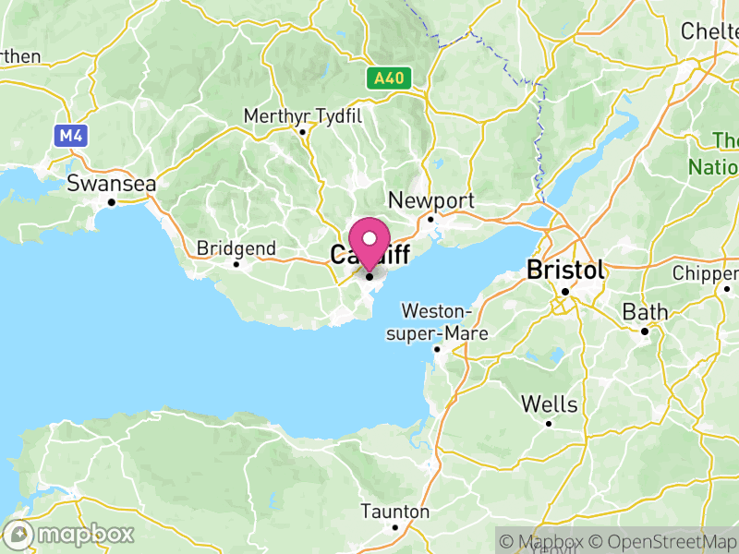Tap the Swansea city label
(x=112, y=184)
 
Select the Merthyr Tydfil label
(x=302, y=115)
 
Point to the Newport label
(x=431, y=200)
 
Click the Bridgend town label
(x=236, y=248)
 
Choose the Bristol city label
(x=565, y=270)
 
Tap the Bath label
(x=645, y=312)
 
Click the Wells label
(x=550, y=404)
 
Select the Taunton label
(x=395, y=512)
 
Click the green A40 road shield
(x=389, y=78)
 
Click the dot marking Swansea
(x=112, y=202)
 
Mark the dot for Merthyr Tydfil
(x=302, y=132)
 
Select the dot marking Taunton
(x=395, y=528)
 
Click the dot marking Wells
(x=550, y=424)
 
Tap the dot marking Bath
(x=645, y=331)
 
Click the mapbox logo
(x=70, y=534)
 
